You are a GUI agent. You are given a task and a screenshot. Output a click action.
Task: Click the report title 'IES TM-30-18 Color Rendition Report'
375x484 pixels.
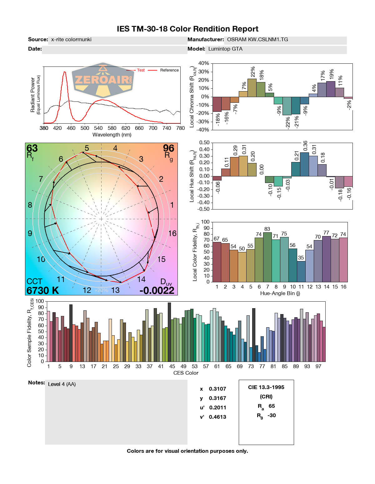pos(187,29)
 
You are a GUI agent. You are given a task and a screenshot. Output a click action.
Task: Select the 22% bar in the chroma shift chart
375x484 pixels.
pos(252,88)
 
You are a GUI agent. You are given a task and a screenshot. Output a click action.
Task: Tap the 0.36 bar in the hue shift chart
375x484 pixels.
pos(304,164)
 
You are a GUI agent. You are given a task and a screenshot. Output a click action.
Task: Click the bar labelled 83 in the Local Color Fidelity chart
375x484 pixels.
pos(267,257)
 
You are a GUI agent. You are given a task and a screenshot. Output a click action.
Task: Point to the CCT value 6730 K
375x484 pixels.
pos(42,290)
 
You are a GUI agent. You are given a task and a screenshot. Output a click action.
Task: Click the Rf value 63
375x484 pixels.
pos(32,148)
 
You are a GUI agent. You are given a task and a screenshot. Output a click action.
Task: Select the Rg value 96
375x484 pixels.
pos(168,148)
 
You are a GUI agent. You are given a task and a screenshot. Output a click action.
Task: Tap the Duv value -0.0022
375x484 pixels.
pos(157,290)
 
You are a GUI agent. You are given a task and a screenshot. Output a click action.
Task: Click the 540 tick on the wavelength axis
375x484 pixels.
pos(98,128)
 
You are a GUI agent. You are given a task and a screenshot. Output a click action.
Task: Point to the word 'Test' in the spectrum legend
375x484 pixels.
pos(141,70)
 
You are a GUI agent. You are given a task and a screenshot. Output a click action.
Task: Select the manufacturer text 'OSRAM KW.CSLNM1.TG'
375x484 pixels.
pos(257,40)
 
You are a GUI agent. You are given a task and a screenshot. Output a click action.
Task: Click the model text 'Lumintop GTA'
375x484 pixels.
pos(225,49)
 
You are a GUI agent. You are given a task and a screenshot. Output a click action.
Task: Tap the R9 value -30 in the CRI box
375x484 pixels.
pos(272,415)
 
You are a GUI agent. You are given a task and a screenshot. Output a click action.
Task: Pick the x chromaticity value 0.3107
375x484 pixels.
pos(217,389)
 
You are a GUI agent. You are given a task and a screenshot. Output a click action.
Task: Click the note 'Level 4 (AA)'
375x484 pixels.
pos(62,384)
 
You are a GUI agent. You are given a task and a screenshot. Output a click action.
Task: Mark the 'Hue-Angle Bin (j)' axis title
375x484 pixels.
pos(280,293)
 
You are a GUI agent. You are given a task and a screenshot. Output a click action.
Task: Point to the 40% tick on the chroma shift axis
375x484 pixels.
pos(203,63)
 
